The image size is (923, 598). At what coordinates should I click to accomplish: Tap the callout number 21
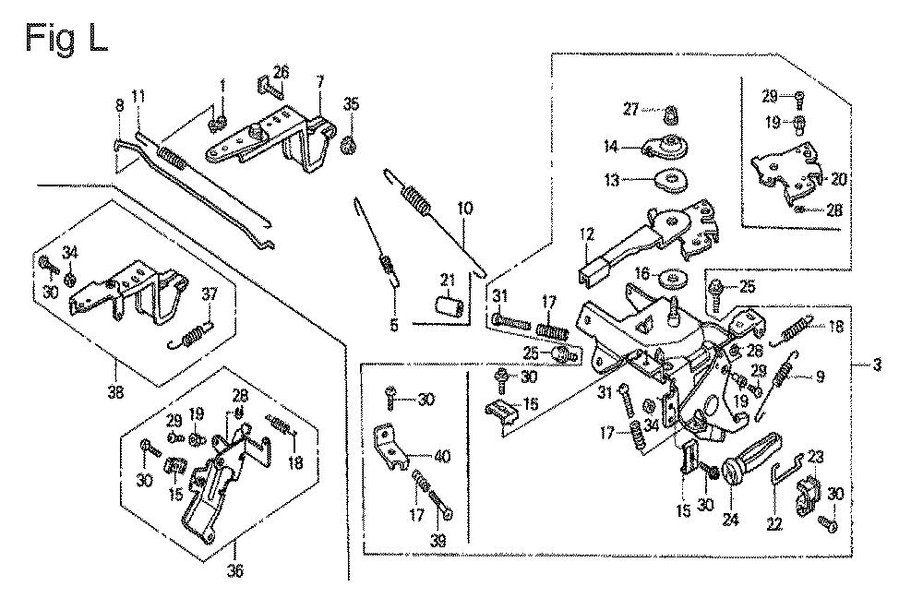point(447,281)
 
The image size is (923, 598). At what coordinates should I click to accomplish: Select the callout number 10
point(464,209)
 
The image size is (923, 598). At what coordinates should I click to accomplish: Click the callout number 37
point(210,294)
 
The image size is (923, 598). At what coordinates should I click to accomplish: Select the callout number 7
point(319,83)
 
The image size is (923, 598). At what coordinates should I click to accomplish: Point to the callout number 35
point(350,102)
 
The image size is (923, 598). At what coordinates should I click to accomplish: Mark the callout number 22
point(773,524)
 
